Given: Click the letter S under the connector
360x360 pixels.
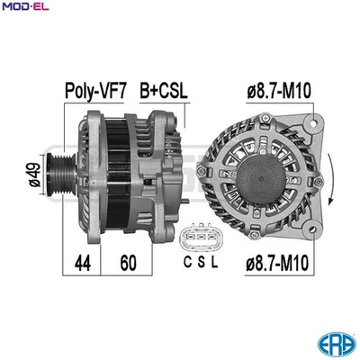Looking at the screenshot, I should click(202, 264).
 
